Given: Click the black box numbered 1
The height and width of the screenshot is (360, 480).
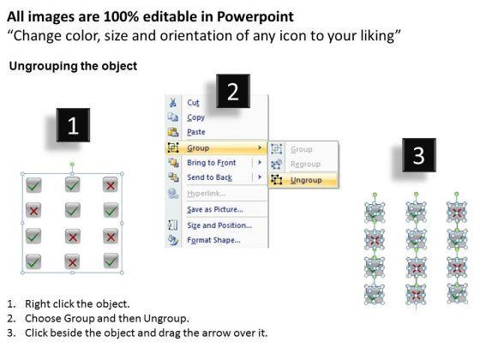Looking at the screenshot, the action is [73, 125].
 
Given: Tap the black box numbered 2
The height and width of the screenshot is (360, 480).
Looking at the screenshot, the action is [233, 91].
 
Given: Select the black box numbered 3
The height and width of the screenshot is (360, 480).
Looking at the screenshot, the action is [419, 155].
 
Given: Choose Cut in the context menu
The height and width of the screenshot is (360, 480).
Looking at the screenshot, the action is [193, 103].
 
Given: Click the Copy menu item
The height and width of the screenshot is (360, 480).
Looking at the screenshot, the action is [196, 117].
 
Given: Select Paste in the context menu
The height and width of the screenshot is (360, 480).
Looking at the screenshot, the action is [196, 132].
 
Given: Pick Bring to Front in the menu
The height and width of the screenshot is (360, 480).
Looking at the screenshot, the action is [212, 163].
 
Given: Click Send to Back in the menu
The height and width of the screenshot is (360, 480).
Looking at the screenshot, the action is [210, 177].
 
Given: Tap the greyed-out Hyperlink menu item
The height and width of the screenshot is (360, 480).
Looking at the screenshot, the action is [207, 194].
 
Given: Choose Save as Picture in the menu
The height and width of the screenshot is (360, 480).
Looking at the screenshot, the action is [215, 209].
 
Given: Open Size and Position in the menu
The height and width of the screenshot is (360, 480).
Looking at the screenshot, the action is [219, 225].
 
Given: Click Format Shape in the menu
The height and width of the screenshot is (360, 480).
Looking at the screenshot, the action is [213, 240].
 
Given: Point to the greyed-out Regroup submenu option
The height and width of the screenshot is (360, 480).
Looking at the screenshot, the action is [305, 164].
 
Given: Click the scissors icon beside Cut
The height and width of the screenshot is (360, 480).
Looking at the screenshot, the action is [172, 102].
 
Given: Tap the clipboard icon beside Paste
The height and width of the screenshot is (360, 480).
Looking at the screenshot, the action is [173, 132].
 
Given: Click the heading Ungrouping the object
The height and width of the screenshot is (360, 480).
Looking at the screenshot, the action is [73, 66].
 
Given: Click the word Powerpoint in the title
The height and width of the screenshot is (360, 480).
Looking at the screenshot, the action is [255, 17].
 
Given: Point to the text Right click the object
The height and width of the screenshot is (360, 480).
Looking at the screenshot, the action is [77, 304].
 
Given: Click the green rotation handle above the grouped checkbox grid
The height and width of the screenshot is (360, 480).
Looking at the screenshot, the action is [72, 165].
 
